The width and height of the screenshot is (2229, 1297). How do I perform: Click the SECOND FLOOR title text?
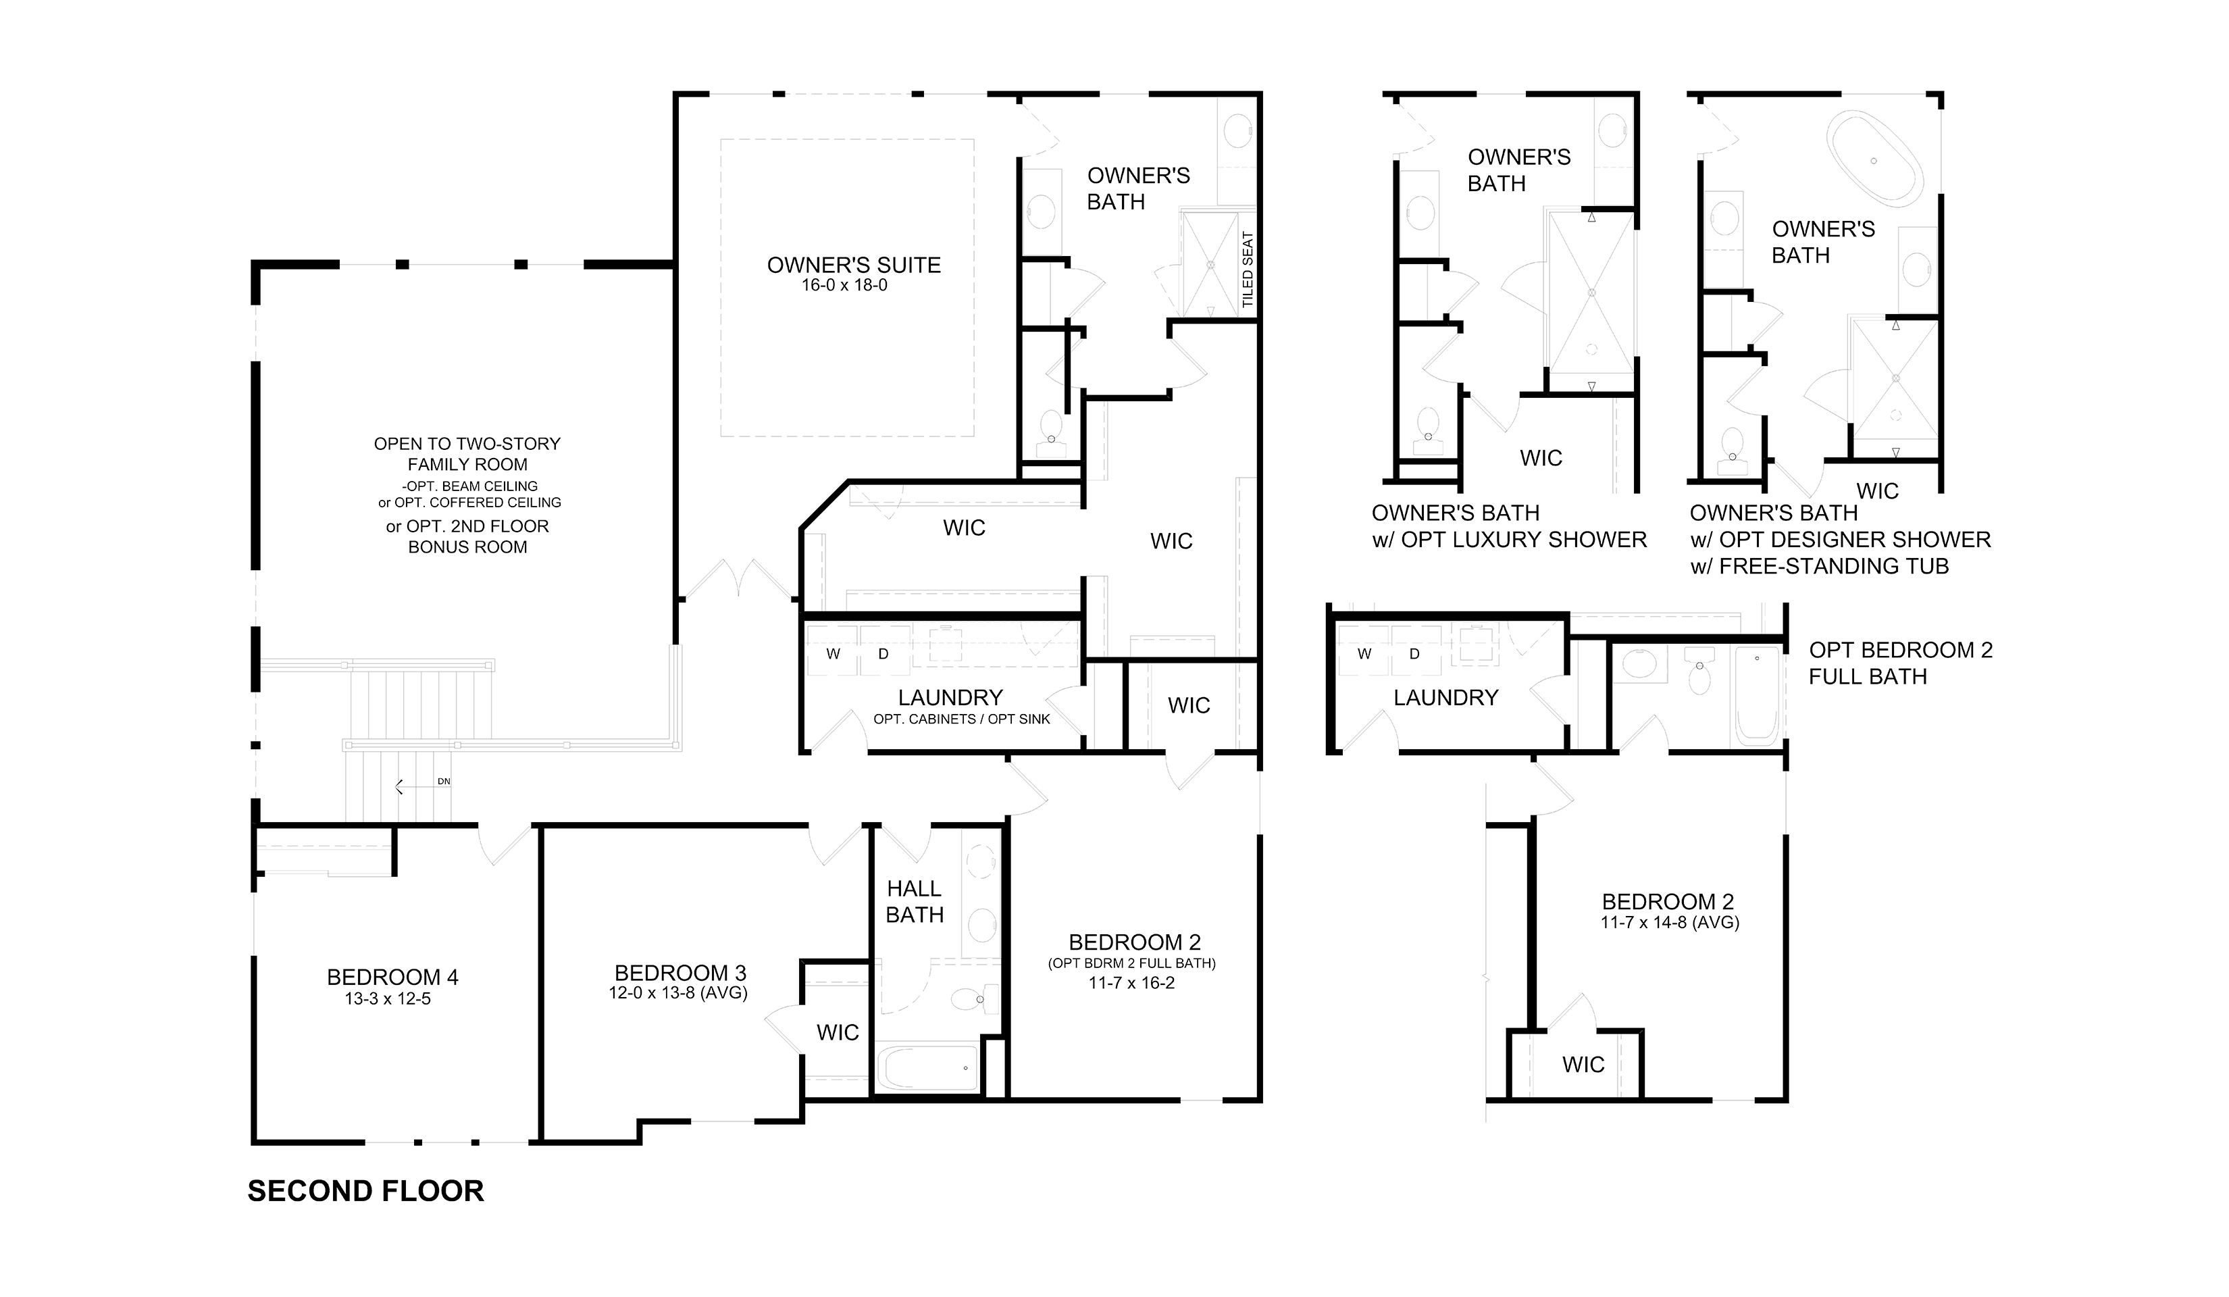coord(365,1191)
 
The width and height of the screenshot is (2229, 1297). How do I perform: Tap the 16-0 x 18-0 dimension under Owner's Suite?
coord(845,286)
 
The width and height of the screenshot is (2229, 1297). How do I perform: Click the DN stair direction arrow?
coord(401,786)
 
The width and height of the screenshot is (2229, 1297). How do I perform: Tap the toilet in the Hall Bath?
coord(971,1000)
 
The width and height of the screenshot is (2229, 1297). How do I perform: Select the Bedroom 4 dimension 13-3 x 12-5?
coord(388,999)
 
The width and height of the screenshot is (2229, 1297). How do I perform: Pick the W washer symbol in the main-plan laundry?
coord(832,654)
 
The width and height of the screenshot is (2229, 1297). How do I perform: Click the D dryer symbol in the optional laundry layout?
coord(1414,654)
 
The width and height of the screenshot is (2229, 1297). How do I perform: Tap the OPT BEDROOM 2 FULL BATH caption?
coord(1900,663)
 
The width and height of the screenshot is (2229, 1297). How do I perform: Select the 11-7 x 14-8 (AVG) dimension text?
coord(1670,923)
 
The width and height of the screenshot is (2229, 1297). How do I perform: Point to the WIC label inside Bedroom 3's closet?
coord(837,1032)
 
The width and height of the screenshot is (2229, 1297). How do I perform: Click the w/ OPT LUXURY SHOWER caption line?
coord(1509,540)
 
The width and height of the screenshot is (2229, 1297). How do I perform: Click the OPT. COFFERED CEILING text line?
coord(469,503)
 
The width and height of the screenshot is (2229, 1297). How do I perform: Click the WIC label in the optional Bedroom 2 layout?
coord(1583,1065)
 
